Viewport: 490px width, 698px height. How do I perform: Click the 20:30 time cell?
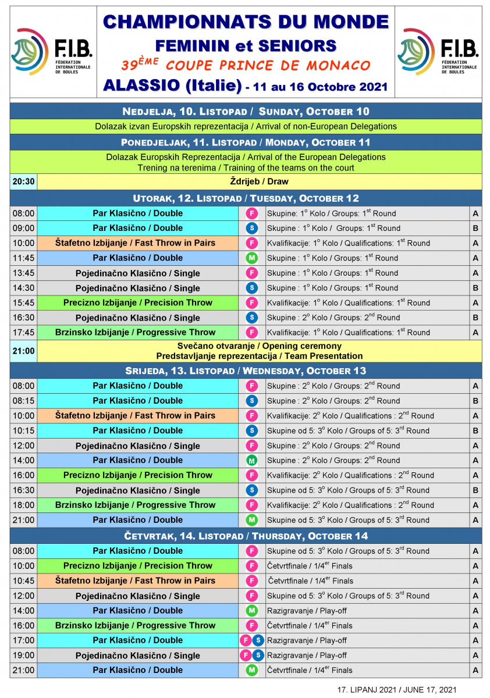point(24,181)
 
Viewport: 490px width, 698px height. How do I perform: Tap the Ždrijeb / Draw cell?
point(259,181)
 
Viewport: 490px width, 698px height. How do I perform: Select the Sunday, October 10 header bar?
point(245,111)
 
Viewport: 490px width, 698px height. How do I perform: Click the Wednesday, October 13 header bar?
point(245,371)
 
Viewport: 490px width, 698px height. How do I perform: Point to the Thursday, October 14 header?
point(245,536)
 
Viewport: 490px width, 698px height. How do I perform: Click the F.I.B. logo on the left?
point(51,51)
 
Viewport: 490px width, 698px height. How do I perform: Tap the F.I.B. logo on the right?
point(438,51)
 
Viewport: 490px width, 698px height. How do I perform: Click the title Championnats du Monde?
point(245,22)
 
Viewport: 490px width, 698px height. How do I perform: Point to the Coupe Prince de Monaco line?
point(245,65)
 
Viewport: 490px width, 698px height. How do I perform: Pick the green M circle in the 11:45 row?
point(252,258)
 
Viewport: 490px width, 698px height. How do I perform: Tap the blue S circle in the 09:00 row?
point(252,228)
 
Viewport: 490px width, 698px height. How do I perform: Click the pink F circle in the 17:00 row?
point(246,640)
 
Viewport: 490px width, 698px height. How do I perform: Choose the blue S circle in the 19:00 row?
point(257,656)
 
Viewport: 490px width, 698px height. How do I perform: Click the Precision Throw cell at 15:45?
point(137,302)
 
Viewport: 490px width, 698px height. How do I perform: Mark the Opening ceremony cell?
point(259,351)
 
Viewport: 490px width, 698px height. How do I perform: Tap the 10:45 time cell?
point(24,581)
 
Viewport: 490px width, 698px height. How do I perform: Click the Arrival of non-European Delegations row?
point(245,126)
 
